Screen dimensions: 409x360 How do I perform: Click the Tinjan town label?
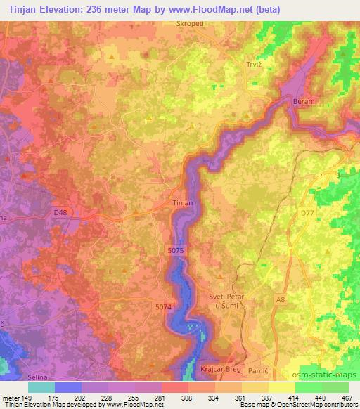coord(183,202)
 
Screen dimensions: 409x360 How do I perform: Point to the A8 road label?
coord(281,300)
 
